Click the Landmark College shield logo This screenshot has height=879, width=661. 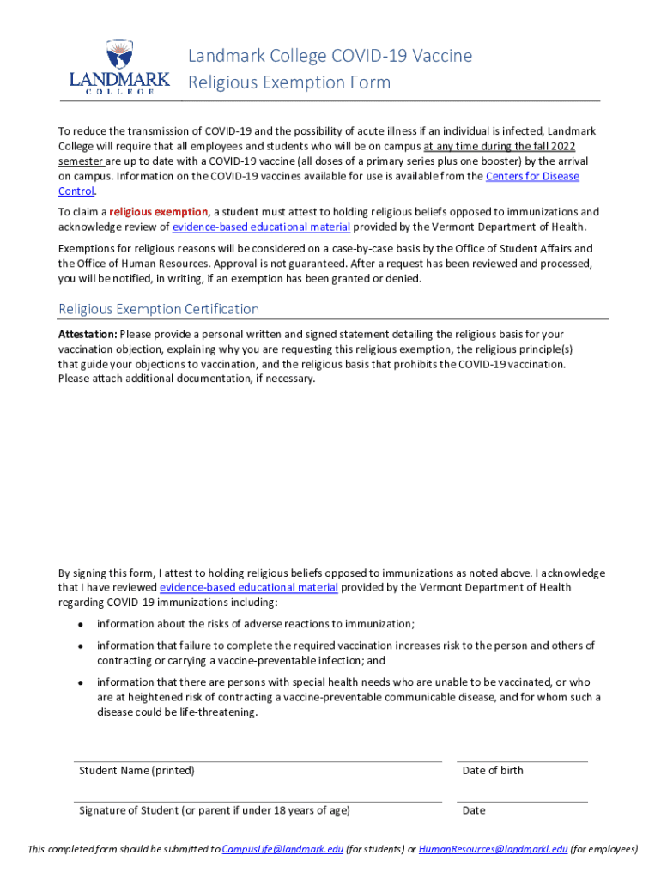pyautogui.click(x=120, y=56)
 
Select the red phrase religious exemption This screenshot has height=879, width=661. pyautogui.click(x=159, y=212)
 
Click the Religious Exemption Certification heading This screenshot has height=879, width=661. pyautogui.click(x=159, y=309)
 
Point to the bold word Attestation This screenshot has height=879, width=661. pyautogui.click(x=88, y=334)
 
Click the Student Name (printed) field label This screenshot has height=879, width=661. pyautogui.click(x=137, y=771)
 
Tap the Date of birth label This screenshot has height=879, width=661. pyautogui.click(x=493, y=771)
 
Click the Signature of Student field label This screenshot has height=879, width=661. pyautogui.click(x=215, y=810)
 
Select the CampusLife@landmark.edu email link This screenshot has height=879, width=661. pyautogui.click(x=282, y=850)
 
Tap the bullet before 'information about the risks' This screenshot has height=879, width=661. pyautogui.click(x=80, y=625)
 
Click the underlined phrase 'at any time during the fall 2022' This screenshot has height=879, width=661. pyautogui.click(x=500, y=147)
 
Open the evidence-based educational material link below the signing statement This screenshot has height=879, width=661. pyautogui.click(x=249, y=588)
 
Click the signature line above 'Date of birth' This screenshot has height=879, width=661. pyautogui.click(x=522, y=761)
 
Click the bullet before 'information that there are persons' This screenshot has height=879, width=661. pyautogui.click(x=80, y=682)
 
